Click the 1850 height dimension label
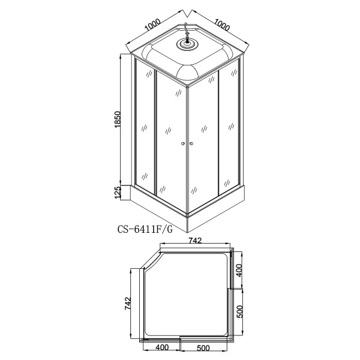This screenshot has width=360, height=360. click(118, 123)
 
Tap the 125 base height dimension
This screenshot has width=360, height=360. click(118, 192)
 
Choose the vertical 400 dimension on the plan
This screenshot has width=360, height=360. click(238, 271)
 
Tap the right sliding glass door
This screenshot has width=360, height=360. click(203, 138)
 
